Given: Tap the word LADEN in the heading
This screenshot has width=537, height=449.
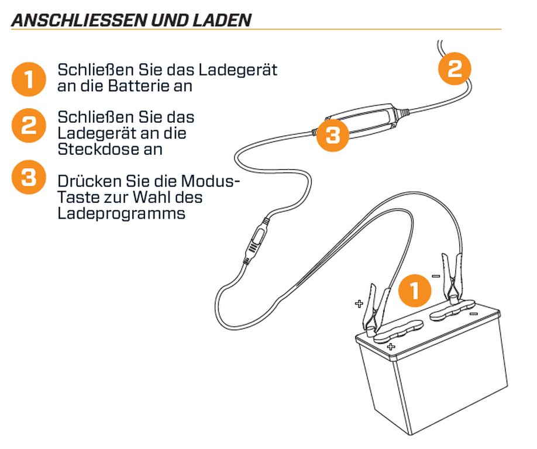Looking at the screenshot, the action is (222, 20).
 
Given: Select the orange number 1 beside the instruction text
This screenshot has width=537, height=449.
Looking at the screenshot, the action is (29, 79).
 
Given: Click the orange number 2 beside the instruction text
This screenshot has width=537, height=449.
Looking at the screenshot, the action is (29, 125).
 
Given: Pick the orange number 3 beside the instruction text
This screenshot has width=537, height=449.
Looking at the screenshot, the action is (29, 177).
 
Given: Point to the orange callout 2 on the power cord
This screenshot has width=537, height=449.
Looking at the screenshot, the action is (455, 68).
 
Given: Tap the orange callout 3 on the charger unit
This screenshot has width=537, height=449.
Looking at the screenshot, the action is (332, 135).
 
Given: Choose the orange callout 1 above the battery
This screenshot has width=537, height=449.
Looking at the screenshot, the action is (415, 290).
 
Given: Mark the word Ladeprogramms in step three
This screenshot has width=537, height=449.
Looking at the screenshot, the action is (122, 214).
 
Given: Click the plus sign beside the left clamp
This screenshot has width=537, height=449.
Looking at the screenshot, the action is (359, 303).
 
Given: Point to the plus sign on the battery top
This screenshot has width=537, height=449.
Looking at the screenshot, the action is (391, 347).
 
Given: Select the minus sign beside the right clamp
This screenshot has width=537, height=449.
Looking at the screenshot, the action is (436, 276).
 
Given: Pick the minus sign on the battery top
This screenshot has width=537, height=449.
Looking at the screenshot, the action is (474, 313).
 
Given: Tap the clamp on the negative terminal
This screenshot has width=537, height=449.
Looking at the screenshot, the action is (453, 277).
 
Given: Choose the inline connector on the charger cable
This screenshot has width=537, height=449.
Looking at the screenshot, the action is (255, 241).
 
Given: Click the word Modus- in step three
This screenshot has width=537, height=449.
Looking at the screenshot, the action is (210, 181).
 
